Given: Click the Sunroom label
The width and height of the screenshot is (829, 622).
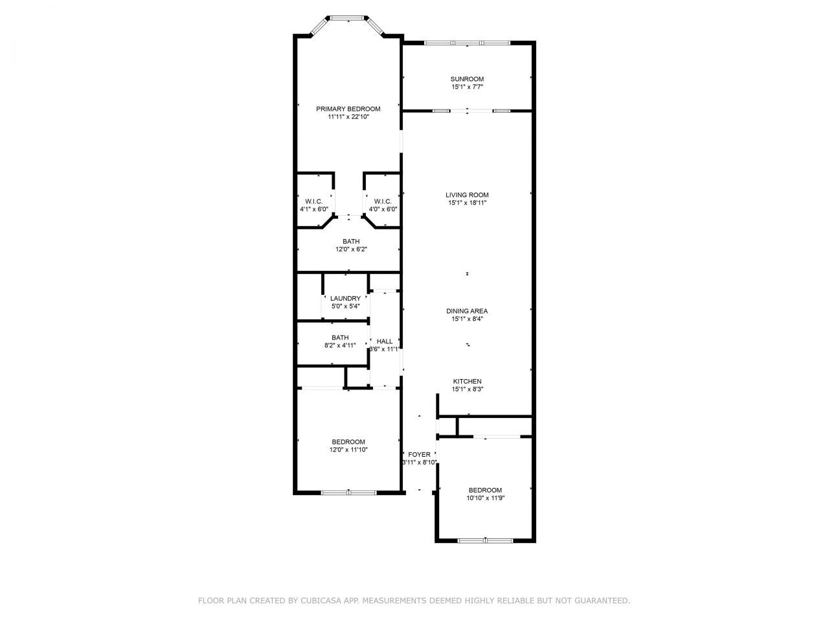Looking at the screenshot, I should pos(467,79).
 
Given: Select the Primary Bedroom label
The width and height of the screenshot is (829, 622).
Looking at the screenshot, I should pos(348,109).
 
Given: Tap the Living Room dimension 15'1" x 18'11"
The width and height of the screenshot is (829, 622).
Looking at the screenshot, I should pos(467,203).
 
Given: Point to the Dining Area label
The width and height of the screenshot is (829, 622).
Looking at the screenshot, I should pos(467,311).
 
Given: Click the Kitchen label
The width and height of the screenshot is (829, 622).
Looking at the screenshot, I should pos(467,382).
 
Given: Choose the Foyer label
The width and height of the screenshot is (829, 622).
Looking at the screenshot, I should pos(419,454).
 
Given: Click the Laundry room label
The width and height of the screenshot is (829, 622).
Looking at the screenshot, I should pos(345,299).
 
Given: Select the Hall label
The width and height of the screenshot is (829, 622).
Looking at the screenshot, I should pos(385,341).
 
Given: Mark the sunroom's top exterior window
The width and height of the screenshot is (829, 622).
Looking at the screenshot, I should pos(467,43).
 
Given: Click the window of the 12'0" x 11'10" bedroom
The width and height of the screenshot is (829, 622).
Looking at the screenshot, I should pos(348,493).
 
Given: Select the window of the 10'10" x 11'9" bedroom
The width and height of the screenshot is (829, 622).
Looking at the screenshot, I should pos(485,540).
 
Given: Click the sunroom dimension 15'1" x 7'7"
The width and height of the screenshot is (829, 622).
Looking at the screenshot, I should pos(467,87).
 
